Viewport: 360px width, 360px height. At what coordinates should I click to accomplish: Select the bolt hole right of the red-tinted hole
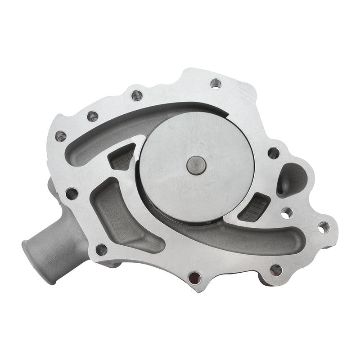coord(276,270)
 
